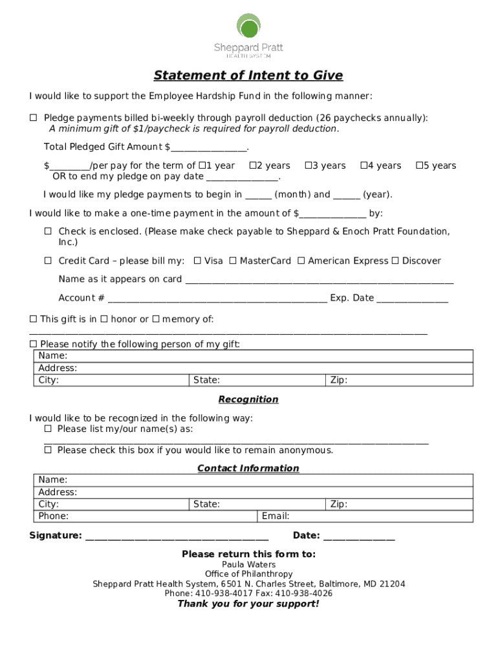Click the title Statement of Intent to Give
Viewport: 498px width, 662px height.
[x=248, y=76]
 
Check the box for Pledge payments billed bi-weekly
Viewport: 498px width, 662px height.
[x=34, y=118]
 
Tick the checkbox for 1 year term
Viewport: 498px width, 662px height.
[x=202, y=165]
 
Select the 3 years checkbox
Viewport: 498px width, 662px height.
[x=309, y=165]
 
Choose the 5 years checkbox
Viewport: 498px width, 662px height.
[x=419, y=165]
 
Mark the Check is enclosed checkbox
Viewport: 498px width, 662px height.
[x=48, y=231]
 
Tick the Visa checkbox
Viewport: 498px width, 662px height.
[x=197, y=261]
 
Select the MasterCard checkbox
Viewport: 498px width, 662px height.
[x=233, y=261]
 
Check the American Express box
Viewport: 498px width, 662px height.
[x=301, y=261]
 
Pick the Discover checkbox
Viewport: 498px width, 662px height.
[x=395, y=261]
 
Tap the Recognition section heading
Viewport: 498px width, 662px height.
[x=248, y=400]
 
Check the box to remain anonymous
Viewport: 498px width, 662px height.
[x=48, y=450]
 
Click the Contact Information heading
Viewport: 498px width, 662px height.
[x=248, y=468]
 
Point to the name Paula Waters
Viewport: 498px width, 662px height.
[x=248, y=564]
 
